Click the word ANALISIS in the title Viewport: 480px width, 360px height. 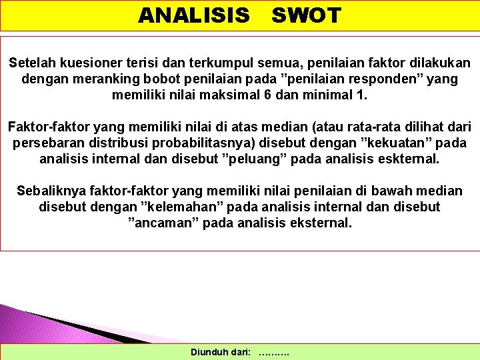click(x=193, y=15)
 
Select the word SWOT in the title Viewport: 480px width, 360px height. click(x=306, y=15)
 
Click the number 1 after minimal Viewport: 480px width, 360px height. click(x=363, y=95)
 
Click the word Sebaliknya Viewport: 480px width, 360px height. click(x=50, y=191)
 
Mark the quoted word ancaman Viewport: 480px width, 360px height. click(x=162, y=223)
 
